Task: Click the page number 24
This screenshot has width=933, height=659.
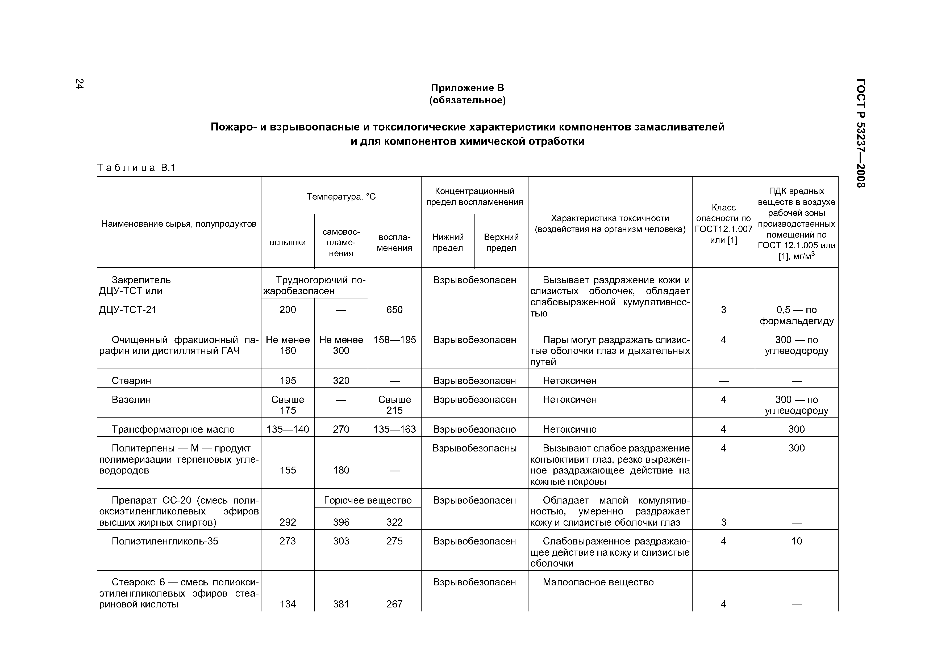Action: pyautogui.click(x=80, y=84)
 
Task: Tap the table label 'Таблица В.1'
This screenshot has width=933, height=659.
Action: pyautogui.click(x=136, y=168)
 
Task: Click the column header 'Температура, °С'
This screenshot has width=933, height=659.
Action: pyautogui.click(x=341, y=197)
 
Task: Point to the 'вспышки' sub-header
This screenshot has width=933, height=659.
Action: pyautogui.click(x=288, y=242)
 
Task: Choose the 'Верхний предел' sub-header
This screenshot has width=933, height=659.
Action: pyautogui.click(x=501, y=242)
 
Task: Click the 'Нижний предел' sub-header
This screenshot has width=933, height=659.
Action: pyautogui.click(x=448, y=242)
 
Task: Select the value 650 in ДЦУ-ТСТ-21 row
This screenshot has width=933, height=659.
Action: pyautogui.click(x=394, y=310)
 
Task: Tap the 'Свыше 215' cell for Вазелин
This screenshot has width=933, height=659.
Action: pyautogui.click(x=394, y=405)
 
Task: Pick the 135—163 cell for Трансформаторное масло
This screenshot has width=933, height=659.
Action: pyautogui.click(x=394, y=429)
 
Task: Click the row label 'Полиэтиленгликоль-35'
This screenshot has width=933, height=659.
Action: pyautogui.click(x=165, y=541)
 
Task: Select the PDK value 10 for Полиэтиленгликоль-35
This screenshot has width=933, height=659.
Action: pyautogui.click(x=797, y=541)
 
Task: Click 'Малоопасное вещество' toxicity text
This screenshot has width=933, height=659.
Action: pyautogui.click(x=598, y=582)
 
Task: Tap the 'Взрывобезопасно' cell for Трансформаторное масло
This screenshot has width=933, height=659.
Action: pyautogui.click(x=474, y=429)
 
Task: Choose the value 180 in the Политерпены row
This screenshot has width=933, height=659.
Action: pyautogui.click(x=341, y=470)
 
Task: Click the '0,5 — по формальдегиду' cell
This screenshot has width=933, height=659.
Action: pyautogui.click(x=797, y=315)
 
